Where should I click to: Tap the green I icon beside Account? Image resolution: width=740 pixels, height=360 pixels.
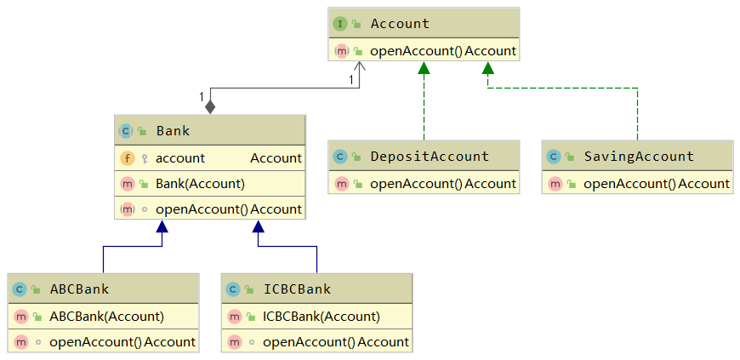click(x=340, y=24)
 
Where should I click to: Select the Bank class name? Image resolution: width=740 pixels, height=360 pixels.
click(x=173, y=131)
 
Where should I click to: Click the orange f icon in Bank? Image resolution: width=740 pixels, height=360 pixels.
click(x=127, y=157)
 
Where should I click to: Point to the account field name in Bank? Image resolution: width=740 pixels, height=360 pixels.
click(x=179, y=157)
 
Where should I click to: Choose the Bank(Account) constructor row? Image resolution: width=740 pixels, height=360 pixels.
click(x=200, y=183)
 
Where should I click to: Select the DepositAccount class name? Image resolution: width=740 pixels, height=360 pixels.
click(x=430, y=157)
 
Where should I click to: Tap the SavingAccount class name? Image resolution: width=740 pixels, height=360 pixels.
click(x=639, y=157)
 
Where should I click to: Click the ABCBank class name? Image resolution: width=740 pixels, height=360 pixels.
click(x=79, y=289)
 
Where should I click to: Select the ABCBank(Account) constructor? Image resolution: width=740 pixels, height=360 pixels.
click(x=106, y=317)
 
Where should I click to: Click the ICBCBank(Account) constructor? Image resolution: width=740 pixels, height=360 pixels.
click(x=321, y=317)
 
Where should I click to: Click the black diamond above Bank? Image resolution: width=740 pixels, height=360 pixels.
click(x=210, y=106)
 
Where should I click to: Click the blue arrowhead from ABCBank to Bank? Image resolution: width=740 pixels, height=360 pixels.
click(x=162, y=227)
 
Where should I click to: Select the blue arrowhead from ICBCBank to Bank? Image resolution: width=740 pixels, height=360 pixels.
click(x=258, y=227)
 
